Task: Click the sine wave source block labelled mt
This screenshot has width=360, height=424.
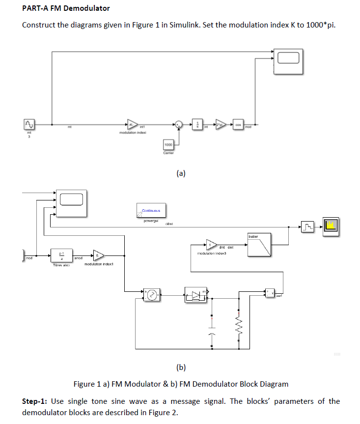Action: click(x=29, y=124)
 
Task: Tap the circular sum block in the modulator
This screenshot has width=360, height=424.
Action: click(x=180, y=125)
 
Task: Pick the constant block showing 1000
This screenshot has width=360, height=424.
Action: click(x=168, y=144)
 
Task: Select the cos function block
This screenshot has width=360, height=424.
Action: click(x=238, y=124)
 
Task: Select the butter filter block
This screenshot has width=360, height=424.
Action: click(x=260, y=245)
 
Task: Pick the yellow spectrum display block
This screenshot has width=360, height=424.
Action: click(x=330, y=226)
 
